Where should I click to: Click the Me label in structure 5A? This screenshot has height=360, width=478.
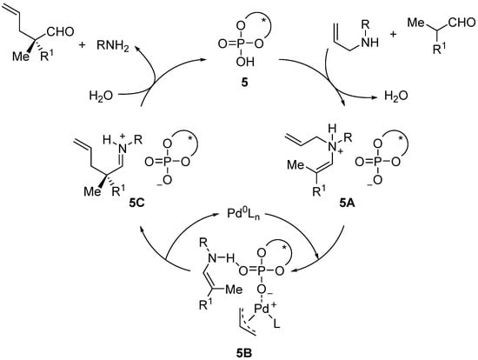pyautogui.click(x=303, y=170)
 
